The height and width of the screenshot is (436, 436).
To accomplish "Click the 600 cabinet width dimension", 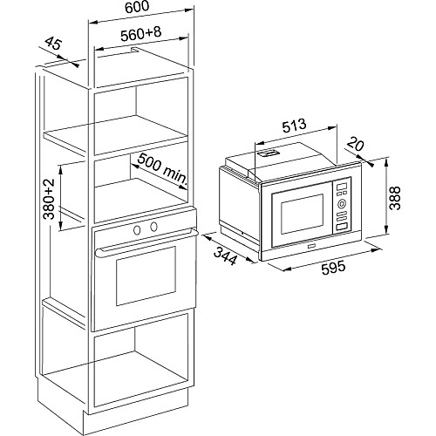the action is [x=137, y=7].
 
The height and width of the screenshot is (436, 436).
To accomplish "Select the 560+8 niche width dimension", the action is [x=141, y=34].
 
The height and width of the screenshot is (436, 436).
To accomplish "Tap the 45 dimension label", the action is [x=53, y=43].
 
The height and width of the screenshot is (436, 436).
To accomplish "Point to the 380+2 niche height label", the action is [x=49, y=199].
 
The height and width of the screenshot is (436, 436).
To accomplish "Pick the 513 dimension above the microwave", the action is [x=295, y=126].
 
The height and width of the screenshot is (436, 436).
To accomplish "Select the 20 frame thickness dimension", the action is [x=355, y=145].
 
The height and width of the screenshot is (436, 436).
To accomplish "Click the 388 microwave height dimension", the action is [x=395, y=198].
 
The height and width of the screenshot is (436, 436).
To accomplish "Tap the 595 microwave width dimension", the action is [x=333, y=267].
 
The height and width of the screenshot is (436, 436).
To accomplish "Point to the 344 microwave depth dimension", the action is [x=225, y=255].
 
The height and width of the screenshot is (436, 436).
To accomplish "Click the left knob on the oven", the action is [x=137, y=230].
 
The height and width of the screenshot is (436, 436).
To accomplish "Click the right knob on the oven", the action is [x=153, y=226].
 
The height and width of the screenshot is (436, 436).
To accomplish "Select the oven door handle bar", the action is [x=146, y=242].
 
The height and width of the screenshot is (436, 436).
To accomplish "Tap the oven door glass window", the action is [x=146, y=276].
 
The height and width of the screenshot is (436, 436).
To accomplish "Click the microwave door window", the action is [x=302, y=214].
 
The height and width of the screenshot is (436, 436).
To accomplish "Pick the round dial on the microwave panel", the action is [x=342, y=203].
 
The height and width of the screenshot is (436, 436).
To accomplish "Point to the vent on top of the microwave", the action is [x=269, y=153].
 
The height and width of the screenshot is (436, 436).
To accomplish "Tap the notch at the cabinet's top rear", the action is [x=135, y=50].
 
